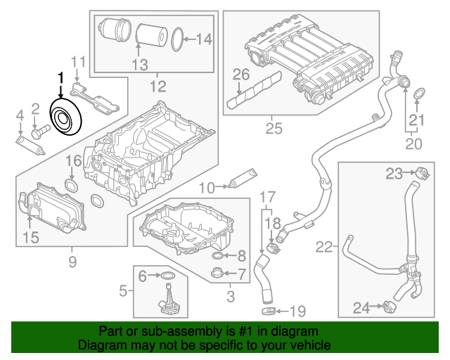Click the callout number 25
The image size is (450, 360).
pos(274,129)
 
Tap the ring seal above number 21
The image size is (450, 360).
pos(418,94)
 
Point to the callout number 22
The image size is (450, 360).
pos(323,247)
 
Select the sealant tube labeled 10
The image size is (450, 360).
pos(240,179)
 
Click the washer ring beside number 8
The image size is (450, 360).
pos(218,256)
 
